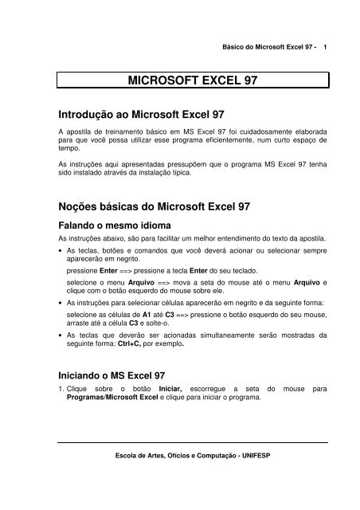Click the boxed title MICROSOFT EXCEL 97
click(x=194, y=80)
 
